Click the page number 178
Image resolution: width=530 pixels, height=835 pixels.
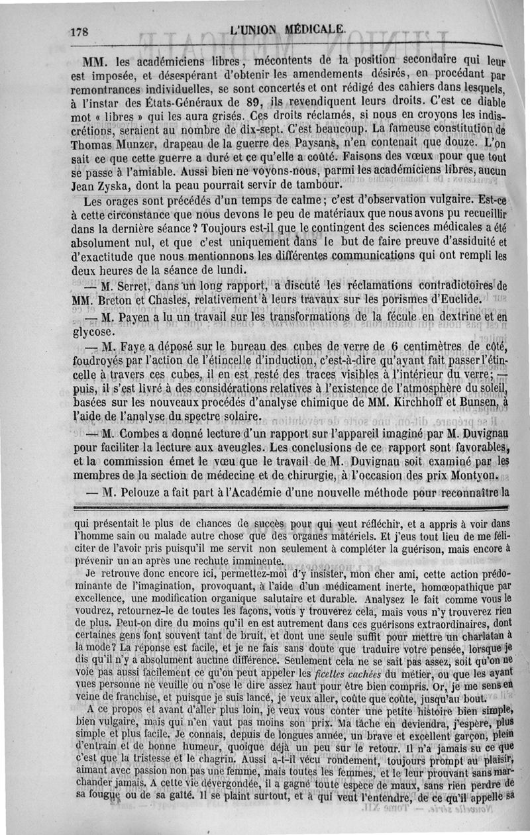click(81, 30)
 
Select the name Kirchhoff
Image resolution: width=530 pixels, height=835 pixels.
click(405, 403)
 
